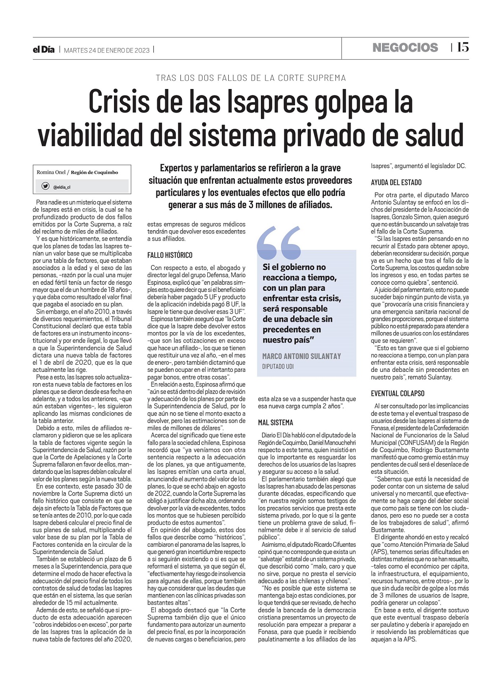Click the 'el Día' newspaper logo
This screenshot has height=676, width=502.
pos(44,50)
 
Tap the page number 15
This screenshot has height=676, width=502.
pos(463,47)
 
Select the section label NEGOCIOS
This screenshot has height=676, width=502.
pos(405,48)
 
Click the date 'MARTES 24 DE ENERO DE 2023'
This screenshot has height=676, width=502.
pos(106,50)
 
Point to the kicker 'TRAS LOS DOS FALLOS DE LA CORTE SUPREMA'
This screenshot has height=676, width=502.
pos(251,78)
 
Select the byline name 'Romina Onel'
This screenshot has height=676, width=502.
pos(51,172)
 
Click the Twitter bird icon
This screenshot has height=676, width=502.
pos(46,186)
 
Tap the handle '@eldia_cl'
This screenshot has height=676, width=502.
pos(62,187)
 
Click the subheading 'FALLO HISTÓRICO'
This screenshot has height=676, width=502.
pos(170,255)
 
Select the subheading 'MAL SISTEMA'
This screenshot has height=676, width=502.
pos(276,423)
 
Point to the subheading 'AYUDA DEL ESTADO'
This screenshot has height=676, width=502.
pos(396,183)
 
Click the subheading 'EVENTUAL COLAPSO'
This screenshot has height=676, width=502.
pos(398,393)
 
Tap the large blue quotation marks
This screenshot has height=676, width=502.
pos(279,243)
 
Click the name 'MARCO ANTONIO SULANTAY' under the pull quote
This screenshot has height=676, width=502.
pos(301,356)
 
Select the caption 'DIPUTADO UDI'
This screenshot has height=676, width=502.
pos(278,366)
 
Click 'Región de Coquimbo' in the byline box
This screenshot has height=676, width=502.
pos(95,172)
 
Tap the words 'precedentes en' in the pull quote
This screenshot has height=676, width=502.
pos(292,329)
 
